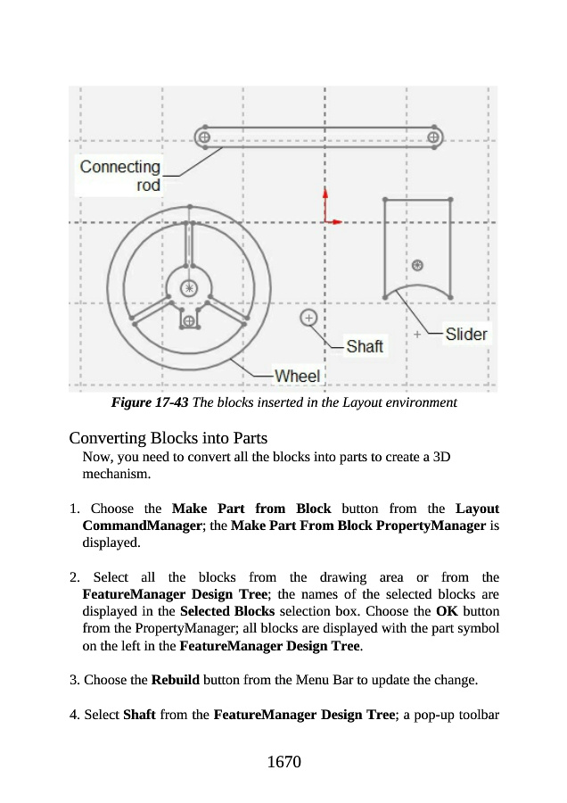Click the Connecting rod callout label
click(119, 175)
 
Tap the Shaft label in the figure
click(364, 346)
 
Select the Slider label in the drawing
click(466, 335)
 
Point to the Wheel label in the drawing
click(297, 376)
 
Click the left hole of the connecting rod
click(204, 137)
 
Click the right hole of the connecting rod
click(434, 137)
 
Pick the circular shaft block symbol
click(308, 317)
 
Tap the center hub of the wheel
click(189, 287)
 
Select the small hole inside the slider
click(416, 264)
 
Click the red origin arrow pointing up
click(325, 201)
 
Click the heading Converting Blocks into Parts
click(168, 438)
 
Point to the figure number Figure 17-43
click(149, 402)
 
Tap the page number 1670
click(283, 762)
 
